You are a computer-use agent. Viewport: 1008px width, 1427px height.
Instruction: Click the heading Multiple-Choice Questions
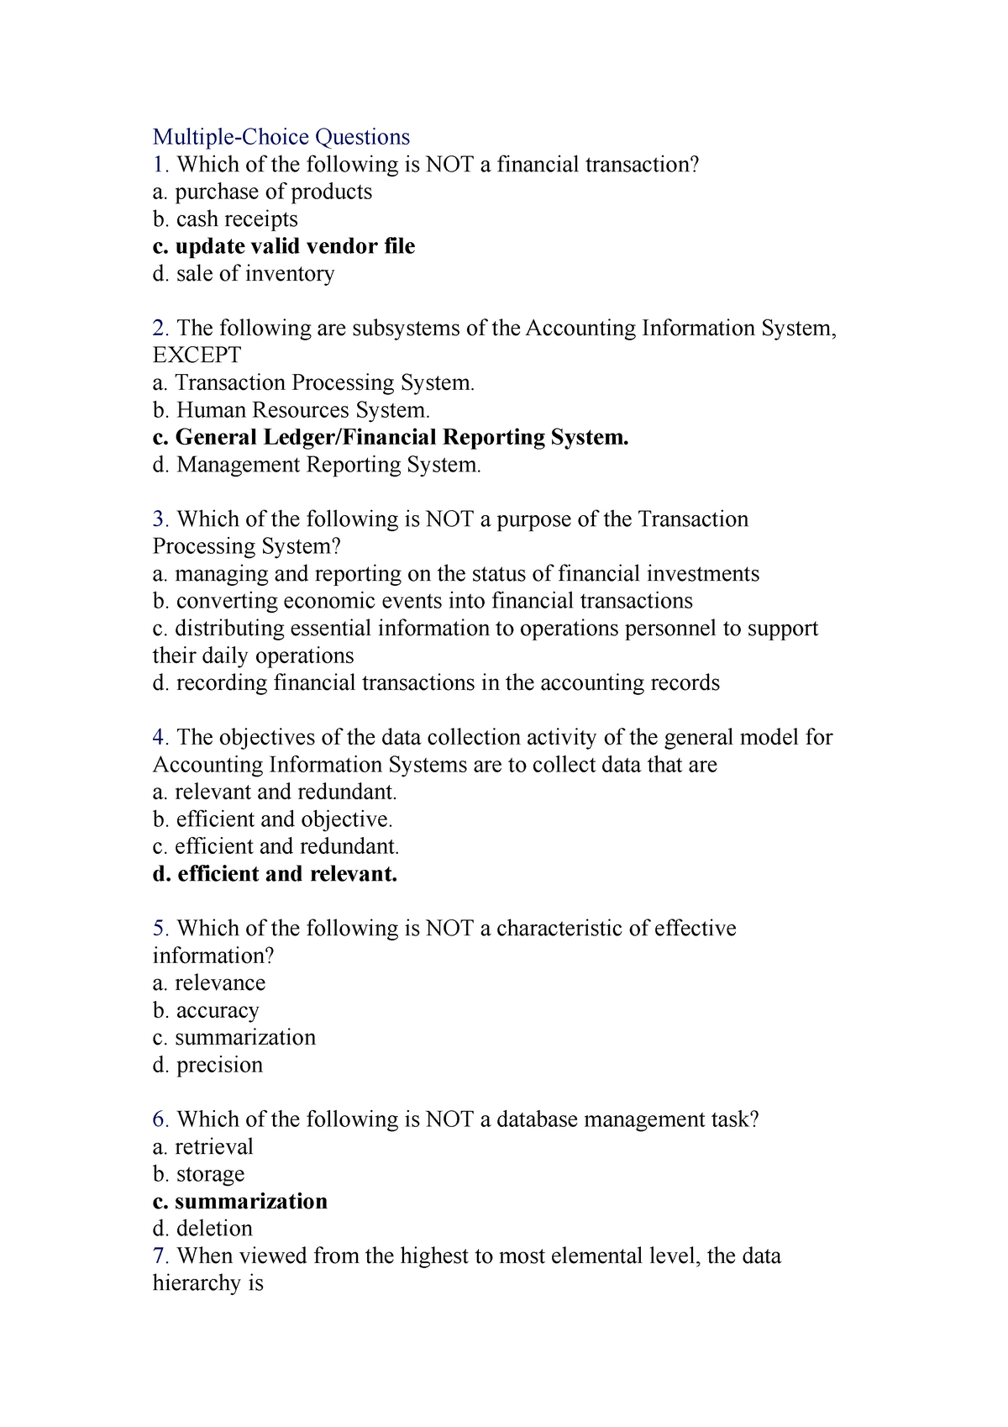pos(281,137)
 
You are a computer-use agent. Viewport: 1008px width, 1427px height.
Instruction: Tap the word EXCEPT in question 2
pos(197,355)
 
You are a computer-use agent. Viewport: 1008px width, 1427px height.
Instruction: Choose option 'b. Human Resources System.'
pos(291,410)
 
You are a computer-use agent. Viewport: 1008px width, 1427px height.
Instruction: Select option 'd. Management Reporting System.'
pos(317,465)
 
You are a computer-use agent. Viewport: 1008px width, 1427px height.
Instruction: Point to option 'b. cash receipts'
pos(225,219)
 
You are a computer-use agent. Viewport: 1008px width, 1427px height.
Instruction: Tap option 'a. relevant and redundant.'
pos(275,792)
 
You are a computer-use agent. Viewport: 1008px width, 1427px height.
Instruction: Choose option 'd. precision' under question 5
pos(207,1065)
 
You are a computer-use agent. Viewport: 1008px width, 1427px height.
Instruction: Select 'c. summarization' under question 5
pos(234,1038)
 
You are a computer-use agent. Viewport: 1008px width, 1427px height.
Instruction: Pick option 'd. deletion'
pos(202,1229)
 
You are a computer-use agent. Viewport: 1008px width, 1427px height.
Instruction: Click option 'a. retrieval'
pos(202,1147)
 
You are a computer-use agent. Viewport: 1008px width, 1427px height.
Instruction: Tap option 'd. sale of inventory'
pos(244,274)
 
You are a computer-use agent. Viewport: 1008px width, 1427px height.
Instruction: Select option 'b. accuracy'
pos(206,1010)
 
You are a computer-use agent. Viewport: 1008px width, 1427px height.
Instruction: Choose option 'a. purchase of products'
pos(262,192)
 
